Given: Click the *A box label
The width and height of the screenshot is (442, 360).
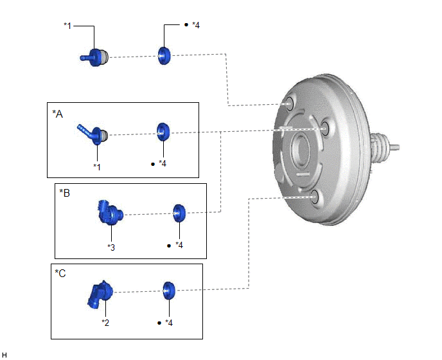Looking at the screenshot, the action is click(x=58, y=114).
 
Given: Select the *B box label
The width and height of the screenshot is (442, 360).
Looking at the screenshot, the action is click(x=64, y=193).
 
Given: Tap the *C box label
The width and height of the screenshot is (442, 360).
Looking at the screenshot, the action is click(x=60, y=273).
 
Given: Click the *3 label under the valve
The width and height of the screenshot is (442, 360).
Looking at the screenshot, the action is click(x=111, y=248).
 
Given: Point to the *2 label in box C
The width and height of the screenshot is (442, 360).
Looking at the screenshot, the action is click(x=105, y=323).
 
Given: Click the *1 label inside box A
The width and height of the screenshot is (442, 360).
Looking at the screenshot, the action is click(x=97, y=167).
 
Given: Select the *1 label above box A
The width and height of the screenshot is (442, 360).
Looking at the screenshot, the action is click(x=67, y=26).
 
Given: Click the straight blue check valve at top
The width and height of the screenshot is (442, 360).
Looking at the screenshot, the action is click(x=94, y=58).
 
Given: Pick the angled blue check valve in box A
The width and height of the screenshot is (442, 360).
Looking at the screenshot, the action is click(x=93, y=134).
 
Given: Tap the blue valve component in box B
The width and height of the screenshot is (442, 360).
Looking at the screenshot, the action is click(x=110, y=213).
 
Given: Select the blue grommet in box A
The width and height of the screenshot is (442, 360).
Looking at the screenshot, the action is click(x=163, y=132).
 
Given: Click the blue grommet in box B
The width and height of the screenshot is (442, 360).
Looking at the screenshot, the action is click(x=179, y=213).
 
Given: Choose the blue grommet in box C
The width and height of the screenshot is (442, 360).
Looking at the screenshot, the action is click(x=169, y=291).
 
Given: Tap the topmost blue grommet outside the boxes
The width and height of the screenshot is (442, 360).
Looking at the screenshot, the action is click(x=164, y=55).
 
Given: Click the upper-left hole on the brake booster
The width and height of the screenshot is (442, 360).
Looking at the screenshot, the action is click(x=289, y=104).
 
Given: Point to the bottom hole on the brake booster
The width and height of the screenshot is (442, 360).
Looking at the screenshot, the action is click(x=315, y=197).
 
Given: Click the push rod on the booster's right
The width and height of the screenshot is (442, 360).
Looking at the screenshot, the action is click(x=394, y=147).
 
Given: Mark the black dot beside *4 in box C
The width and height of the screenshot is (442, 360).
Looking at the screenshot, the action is click(x=159, y=323).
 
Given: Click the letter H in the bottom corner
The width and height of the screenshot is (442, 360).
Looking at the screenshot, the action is click(x=4, y=355).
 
